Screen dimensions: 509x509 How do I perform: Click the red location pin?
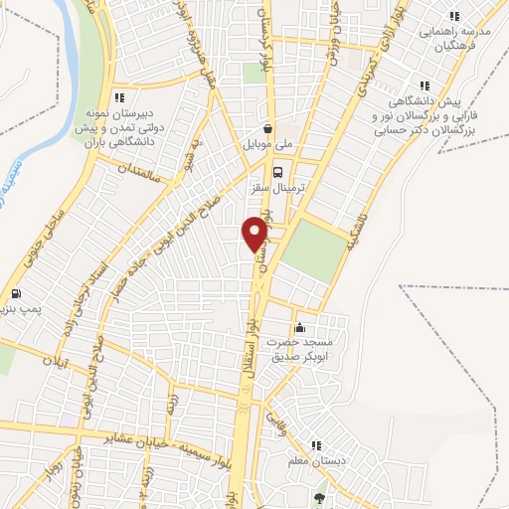click(255, 234)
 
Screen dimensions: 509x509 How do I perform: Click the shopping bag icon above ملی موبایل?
click(268, 128)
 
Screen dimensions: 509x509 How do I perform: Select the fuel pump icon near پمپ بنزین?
click(16, 294)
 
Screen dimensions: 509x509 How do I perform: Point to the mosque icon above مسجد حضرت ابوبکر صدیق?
click(300, 328)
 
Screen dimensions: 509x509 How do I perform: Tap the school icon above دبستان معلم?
click(316, 445)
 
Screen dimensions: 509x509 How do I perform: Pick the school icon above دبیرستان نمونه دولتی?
click(120, 97)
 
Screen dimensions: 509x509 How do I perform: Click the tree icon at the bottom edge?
click(318, 498)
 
